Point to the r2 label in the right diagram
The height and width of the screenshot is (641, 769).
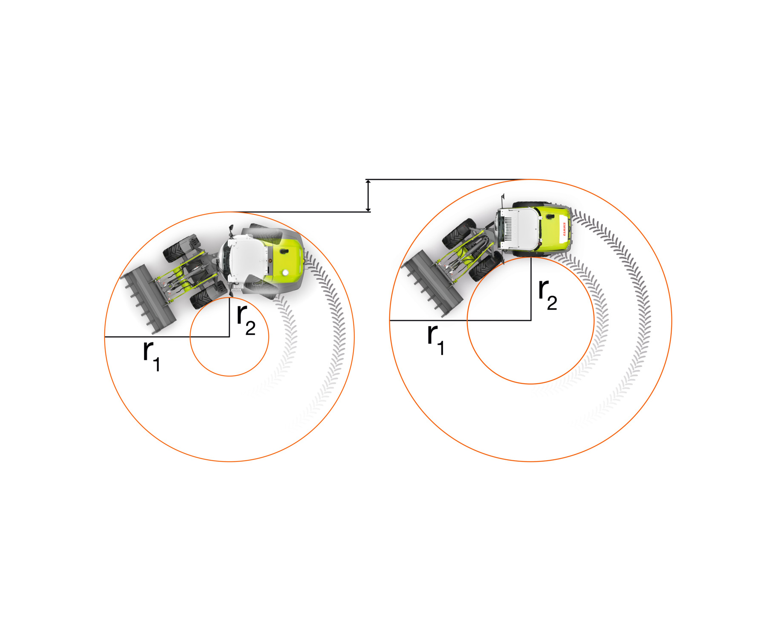click(x=548, y=295)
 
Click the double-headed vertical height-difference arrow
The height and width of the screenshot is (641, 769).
click(x=368, y=196)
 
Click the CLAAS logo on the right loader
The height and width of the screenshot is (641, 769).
click(x=564, y=229)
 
